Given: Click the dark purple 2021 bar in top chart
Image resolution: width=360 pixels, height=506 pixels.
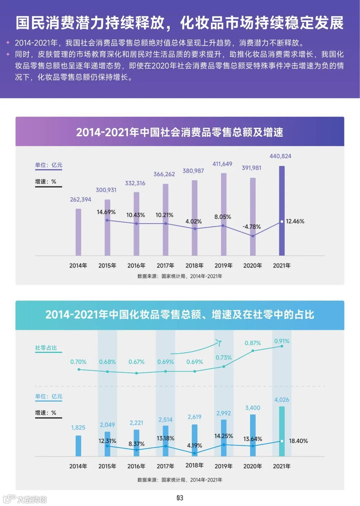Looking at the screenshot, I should coord(282,210).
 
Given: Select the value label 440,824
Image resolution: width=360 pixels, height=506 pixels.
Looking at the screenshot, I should coord(280,156).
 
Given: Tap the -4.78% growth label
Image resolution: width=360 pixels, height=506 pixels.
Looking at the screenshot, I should coord(252,227).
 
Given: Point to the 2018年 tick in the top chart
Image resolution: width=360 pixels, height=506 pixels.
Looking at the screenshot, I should coord(194,266).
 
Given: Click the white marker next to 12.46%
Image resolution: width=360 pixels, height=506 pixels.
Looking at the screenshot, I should coord(282,221).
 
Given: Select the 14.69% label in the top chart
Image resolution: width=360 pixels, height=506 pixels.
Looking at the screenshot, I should coord(106,212).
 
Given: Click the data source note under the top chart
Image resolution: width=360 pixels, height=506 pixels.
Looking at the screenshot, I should coord(180,276).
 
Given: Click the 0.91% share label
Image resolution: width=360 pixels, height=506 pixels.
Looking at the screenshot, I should coord(282,341).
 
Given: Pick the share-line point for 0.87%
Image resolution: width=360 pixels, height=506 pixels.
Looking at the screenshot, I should coord(253,351).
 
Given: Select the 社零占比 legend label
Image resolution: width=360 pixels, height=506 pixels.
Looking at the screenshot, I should coord(46,348).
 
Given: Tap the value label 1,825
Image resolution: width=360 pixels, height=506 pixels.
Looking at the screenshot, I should coord(78,428).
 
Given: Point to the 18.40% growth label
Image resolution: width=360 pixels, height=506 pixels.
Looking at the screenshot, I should coord(298,441).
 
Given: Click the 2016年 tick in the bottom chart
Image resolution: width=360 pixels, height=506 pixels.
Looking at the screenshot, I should coord(136,466).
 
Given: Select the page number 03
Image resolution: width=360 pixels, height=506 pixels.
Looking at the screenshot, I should coord(180,498).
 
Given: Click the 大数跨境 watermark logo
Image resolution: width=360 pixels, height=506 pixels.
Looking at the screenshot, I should coord(25,499).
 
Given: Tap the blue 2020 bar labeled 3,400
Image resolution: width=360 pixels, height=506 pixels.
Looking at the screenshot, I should coord(253,435).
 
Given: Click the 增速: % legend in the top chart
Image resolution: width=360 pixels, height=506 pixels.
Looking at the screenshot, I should coord(46,181).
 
